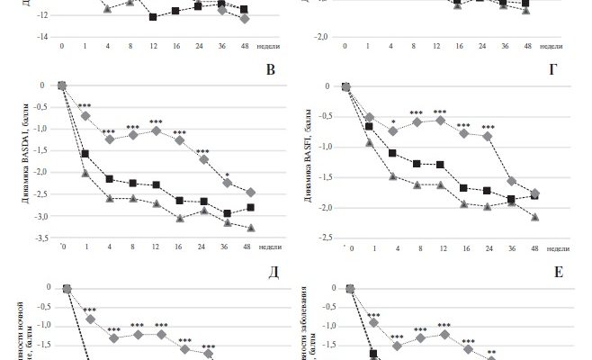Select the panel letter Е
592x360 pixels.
click(559, 271)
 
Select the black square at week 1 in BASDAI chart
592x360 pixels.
click(85, 154)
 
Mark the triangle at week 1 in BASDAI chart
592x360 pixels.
click(85, 173)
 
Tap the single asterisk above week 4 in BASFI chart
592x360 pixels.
click(393, 121)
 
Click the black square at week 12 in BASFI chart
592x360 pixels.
click(440, 165)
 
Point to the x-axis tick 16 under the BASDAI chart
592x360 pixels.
click(179, 245)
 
